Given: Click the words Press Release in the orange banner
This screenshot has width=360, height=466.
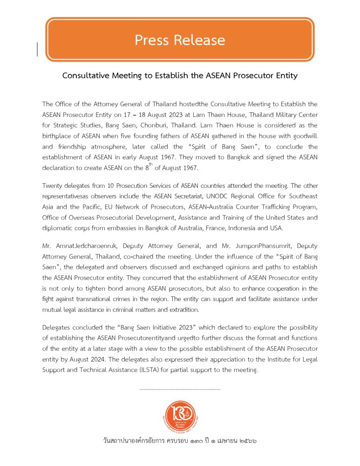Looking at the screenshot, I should (180, 40).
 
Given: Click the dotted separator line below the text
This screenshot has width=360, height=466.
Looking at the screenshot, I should (180, 388).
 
